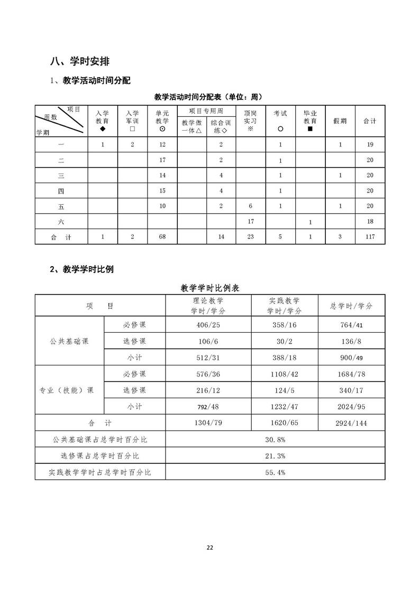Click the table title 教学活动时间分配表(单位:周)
click(209, 97)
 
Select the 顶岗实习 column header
click(250, 121)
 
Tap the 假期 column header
click(340, 121)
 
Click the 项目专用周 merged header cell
click(206, 111)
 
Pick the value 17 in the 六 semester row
click(251, 222)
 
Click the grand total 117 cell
click(370, 236)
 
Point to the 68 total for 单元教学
click(162, 236)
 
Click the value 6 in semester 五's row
click(251, 206)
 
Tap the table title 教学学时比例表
click(209, 288)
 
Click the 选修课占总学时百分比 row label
click(100, 455)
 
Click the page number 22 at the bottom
click(210, 547)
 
